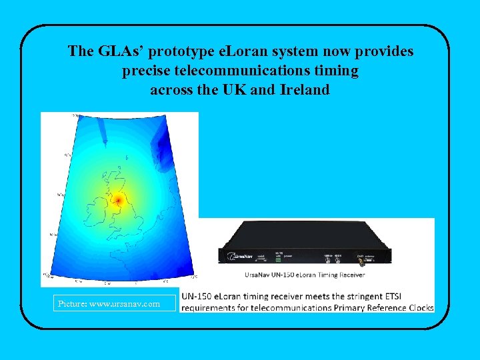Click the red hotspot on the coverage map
point(118,199)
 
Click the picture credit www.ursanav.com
point(109,304)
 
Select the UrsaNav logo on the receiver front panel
point(237,255)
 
